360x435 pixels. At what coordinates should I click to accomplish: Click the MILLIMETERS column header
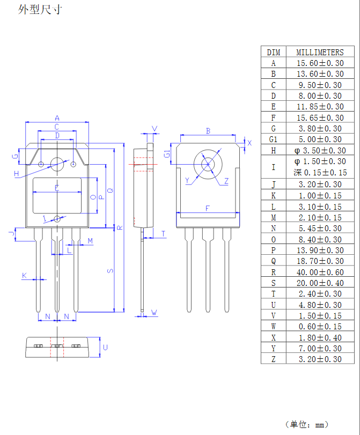point(320,52)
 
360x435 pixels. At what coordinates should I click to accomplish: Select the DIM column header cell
point(273,52)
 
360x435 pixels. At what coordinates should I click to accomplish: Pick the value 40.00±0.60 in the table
point(320,272)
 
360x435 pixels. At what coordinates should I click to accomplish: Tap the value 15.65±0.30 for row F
point(320,117)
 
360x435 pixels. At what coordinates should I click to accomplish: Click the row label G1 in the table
point(273,139)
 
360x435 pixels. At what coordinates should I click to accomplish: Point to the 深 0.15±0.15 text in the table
point(320,173)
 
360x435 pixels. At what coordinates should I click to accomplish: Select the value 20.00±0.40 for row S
point(320,283)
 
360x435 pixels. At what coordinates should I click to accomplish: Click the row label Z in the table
point(273,359)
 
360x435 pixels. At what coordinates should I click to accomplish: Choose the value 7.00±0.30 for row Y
point(320,349)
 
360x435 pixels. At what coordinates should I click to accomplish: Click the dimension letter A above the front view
point(57,118)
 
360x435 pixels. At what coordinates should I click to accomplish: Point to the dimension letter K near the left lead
point(24,275)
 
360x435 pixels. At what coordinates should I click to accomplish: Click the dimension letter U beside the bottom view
point(105,348)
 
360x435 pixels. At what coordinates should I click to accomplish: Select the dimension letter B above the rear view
point(208,131)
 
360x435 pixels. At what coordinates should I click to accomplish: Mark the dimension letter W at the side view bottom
point(154,312)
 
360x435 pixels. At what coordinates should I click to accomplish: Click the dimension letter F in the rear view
point(208,208)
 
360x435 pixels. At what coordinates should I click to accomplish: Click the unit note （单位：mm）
point(307,424)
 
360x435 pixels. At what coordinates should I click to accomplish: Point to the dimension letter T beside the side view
point(163,233)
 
